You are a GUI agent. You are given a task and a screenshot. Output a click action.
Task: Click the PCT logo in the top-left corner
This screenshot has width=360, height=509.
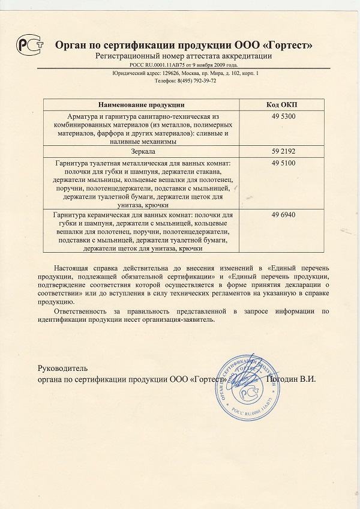(x=26, y=46)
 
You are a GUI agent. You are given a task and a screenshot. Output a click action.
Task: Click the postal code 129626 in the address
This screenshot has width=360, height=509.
(x=174, y=73)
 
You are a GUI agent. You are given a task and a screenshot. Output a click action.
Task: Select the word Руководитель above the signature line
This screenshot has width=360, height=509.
(x=62, y=367)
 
